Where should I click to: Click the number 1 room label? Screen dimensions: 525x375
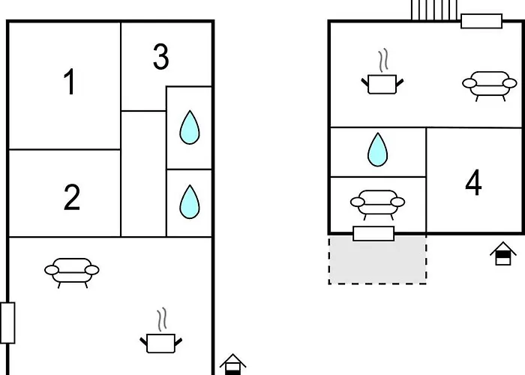69,81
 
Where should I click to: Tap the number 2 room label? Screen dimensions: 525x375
72,197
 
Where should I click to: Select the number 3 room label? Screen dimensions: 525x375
161,56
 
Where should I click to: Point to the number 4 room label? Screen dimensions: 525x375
473,182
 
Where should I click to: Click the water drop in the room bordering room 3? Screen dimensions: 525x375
190,127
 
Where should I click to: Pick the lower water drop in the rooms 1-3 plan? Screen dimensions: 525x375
190,202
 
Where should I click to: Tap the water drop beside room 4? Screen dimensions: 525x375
378,150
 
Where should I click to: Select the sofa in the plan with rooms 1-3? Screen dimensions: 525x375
72,272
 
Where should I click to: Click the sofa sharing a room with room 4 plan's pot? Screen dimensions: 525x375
490,86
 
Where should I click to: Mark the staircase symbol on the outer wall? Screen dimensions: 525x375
434,10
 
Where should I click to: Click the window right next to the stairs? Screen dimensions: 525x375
481,21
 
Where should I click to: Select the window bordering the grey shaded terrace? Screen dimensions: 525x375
373,234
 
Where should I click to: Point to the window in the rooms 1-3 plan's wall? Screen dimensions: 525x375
7,322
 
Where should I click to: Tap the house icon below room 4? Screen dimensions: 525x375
503,253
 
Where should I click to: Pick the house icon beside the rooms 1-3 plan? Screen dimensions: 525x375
232,364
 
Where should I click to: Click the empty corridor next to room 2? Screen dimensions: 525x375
143,174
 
